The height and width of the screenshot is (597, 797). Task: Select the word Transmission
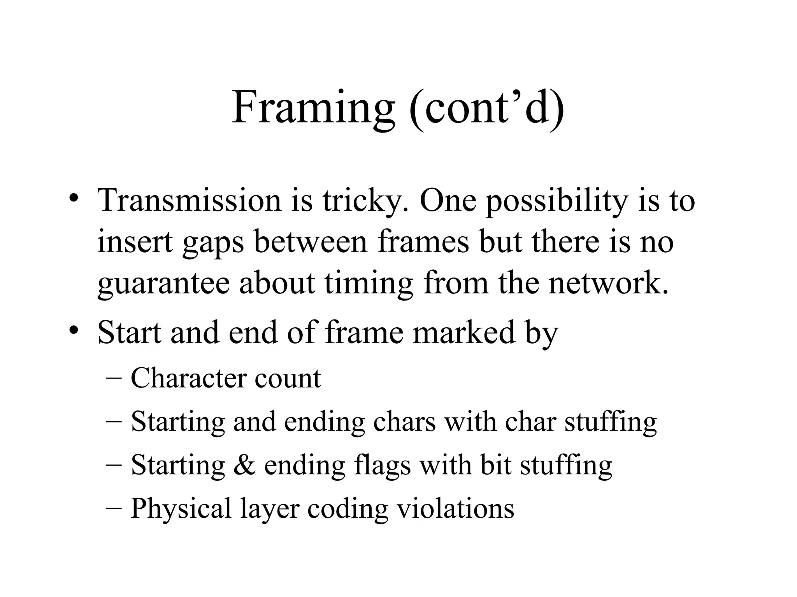[189, 200]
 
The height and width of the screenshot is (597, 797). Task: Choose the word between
[311, 241]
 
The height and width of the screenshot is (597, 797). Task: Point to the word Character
[189, 378]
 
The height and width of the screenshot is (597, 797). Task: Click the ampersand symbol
[244, 465]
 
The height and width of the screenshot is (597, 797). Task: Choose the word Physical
[181, 508]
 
